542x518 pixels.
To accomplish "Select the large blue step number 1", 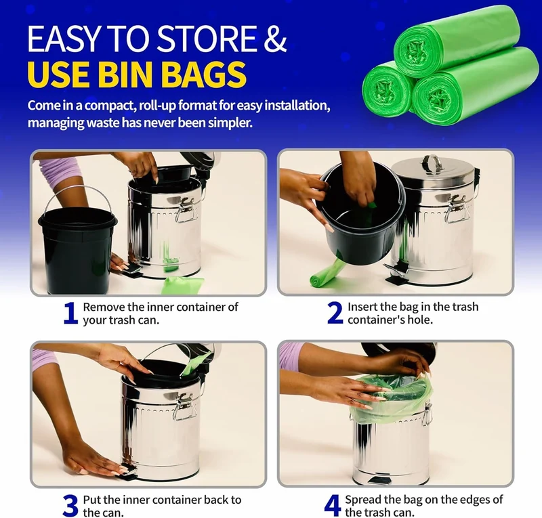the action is coord(70,313).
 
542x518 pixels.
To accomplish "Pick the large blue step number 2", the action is coord(335,313).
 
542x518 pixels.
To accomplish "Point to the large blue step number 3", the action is coord(70,506).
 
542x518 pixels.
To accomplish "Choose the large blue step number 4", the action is coord(332,506).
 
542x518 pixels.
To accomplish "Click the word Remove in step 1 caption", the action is coord(104,307).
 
